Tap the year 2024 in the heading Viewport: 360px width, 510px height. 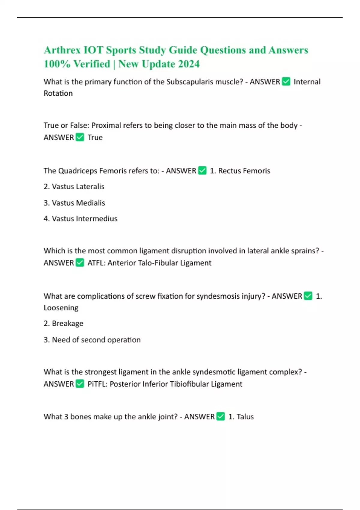[188, 64]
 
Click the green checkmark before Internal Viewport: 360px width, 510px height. [286, 82]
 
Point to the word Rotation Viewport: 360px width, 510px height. [58, 93]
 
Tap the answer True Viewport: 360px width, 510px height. [95, 137]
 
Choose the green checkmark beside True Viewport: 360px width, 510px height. [80, 137]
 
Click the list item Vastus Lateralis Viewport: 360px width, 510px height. [78, 187]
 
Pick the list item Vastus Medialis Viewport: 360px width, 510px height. [78, 203]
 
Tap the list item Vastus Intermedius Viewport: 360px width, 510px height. [84, 219]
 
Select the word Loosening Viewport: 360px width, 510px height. [61, 308]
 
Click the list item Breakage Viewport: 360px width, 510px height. [67, 323]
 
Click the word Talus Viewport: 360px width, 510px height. [245, 417]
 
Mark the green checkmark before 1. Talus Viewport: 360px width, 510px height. [220, 416]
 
